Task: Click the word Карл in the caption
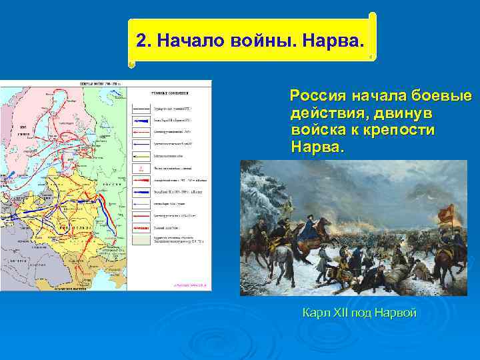(314, 312)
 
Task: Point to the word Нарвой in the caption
(395, 312)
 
